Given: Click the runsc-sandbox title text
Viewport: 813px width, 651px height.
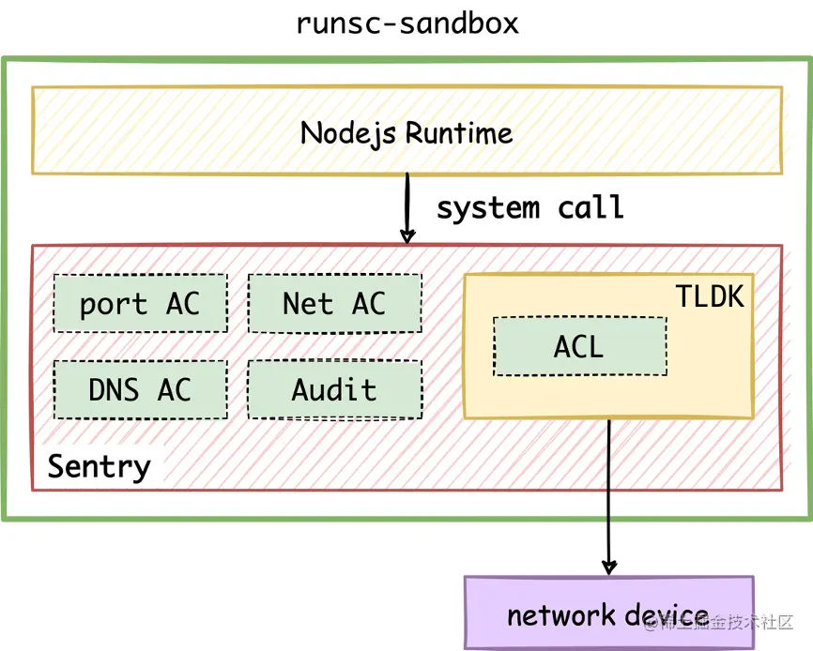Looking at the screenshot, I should pos(406,22).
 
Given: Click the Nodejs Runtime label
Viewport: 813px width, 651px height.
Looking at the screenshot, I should pos(406,132).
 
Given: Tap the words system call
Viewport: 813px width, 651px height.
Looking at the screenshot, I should pos(529,207).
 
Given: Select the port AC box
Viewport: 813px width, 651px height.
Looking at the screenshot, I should pos(140,303).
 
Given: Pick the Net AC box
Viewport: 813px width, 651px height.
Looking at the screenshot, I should pos(334,303).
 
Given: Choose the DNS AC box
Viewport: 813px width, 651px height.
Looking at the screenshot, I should pos(140,389).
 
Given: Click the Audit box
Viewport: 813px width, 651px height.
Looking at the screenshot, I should pos(334,389).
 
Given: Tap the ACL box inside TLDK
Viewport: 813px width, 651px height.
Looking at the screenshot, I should pos(579,346).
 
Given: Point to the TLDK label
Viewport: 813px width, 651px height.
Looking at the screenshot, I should pos(710,296).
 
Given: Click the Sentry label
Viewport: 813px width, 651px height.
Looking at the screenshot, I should pos(99,466).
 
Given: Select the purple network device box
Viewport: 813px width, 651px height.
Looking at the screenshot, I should pos(608,613).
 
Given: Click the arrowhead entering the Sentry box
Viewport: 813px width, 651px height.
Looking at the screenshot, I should pos(407,236).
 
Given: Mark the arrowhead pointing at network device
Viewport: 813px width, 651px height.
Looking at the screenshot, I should pos(608,567).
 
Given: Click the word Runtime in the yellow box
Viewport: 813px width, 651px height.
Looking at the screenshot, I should pos(460,132).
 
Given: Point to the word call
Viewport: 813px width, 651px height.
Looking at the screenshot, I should pos(591,207).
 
